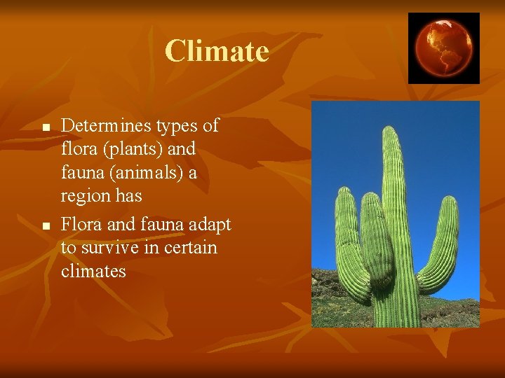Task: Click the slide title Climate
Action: pos(217,51)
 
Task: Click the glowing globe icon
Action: pos(443,48)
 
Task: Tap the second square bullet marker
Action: pos(44,226)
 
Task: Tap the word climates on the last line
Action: pos(93,271)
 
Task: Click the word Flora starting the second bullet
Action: pos(80,224)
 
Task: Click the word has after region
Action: pos(129,196)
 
